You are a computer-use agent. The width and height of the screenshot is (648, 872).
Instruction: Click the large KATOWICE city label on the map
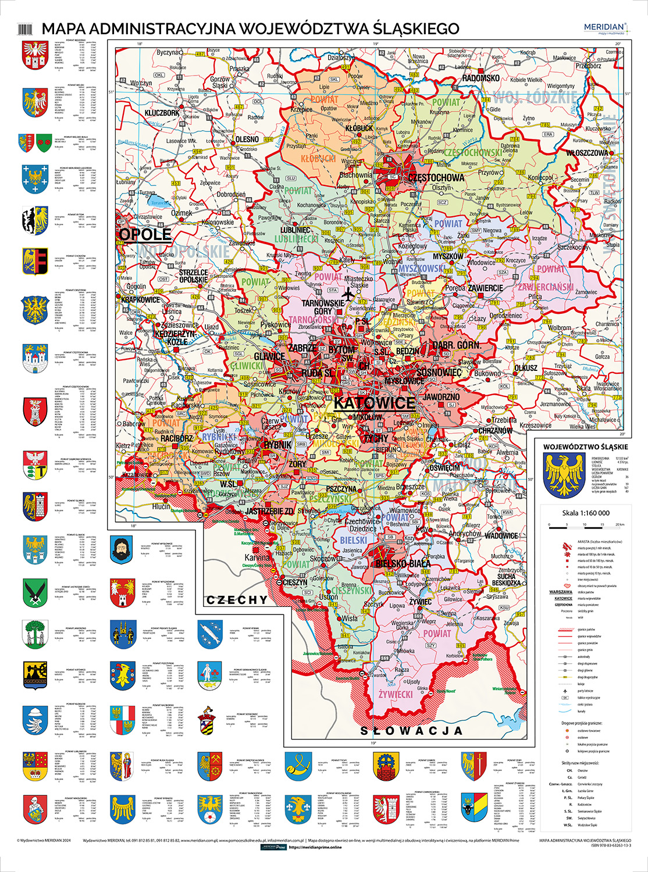[375, 403]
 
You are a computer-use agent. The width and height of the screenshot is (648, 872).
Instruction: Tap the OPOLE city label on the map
[145, 234]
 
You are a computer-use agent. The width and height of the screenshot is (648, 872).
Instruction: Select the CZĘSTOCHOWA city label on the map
[436, 177]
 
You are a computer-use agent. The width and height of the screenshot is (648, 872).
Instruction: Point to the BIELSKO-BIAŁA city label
[403, 563]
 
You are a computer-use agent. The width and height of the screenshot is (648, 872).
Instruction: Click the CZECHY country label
[237, 599]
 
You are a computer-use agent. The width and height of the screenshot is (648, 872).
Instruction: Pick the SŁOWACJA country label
[412, 730]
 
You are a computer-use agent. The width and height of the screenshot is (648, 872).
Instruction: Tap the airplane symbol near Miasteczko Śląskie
[348, 295]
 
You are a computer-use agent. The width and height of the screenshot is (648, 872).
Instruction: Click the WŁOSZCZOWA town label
[587, 153]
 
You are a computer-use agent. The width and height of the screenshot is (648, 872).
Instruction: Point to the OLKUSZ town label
[525, 368]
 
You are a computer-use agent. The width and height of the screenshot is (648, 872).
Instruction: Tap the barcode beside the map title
[26, 28]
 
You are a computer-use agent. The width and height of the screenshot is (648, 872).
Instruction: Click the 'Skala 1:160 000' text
[585, 513]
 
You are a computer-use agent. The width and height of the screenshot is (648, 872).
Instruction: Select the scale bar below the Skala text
[586, 526]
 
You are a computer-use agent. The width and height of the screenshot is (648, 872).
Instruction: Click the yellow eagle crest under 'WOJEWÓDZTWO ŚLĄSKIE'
[562, 474]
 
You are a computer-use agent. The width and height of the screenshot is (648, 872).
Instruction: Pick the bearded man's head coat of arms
[123, 549]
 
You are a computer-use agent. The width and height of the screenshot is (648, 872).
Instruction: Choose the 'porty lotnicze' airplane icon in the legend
[564, 691]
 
